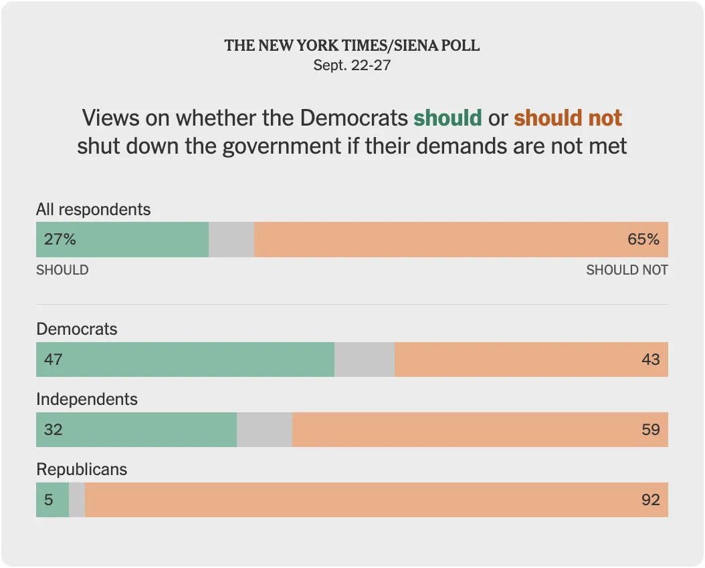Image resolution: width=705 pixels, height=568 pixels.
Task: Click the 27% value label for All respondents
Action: click(x=60, y=239)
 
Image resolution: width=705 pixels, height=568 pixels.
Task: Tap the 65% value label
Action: click(x=643, y=239)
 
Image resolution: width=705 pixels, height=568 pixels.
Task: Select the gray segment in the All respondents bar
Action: click(x=231, y=239)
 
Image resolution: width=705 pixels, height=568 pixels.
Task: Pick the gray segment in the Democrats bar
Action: click(x=365, y=360)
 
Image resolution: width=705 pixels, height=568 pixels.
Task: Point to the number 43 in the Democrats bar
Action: click(x=650, y=360)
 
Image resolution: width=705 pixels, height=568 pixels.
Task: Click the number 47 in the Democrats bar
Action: click(x=54, y=360)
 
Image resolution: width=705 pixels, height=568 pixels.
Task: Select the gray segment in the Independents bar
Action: click(x=264, y=430)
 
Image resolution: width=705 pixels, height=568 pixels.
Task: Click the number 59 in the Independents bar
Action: click(x=650, y=430)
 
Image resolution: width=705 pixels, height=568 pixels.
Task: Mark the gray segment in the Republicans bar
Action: click(x=77, y=500)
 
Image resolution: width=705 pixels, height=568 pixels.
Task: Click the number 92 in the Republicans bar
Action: click(x=650, y=500)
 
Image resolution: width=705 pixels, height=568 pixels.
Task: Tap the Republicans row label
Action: click(x=82, y=469)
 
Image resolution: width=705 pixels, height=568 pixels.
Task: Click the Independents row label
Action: click(x=87, y=399)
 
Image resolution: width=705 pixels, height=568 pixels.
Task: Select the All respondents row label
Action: click(x=94, y=209)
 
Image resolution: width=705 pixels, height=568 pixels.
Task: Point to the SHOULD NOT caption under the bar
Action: click(x=627, y=270)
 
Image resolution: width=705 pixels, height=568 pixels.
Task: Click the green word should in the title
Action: click(x=447, y=118)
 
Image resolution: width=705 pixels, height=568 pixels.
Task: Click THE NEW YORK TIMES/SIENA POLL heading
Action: click(x=352, y=45)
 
